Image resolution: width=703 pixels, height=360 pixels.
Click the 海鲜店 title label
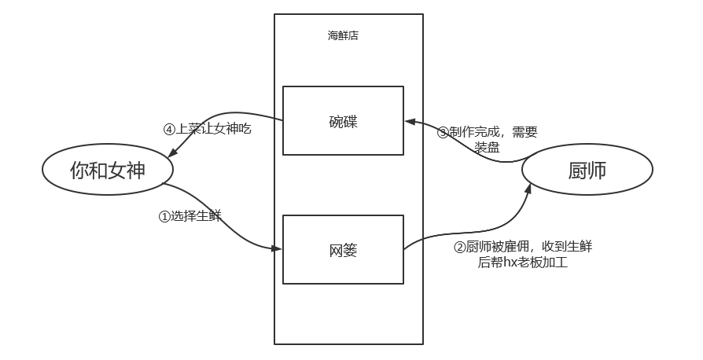click(343, 35)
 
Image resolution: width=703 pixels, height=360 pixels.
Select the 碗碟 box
click(343, 120)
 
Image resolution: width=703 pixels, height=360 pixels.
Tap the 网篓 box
click(343, 250)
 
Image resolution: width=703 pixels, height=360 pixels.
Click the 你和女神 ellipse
click(108, 170)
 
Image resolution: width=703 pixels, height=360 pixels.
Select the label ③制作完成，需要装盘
click(488, 140)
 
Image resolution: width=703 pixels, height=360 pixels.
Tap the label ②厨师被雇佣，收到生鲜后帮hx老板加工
click(523, 255)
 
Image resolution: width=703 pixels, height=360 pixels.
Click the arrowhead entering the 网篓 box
click(278, 248)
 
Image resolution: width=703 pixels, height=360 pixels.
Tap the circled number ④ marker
click(168, 130)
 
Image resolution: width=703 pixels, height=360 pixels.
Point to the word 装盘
click(488, 148)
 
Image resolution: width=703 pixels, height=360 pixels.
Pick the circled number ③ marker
click(443, 132)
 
